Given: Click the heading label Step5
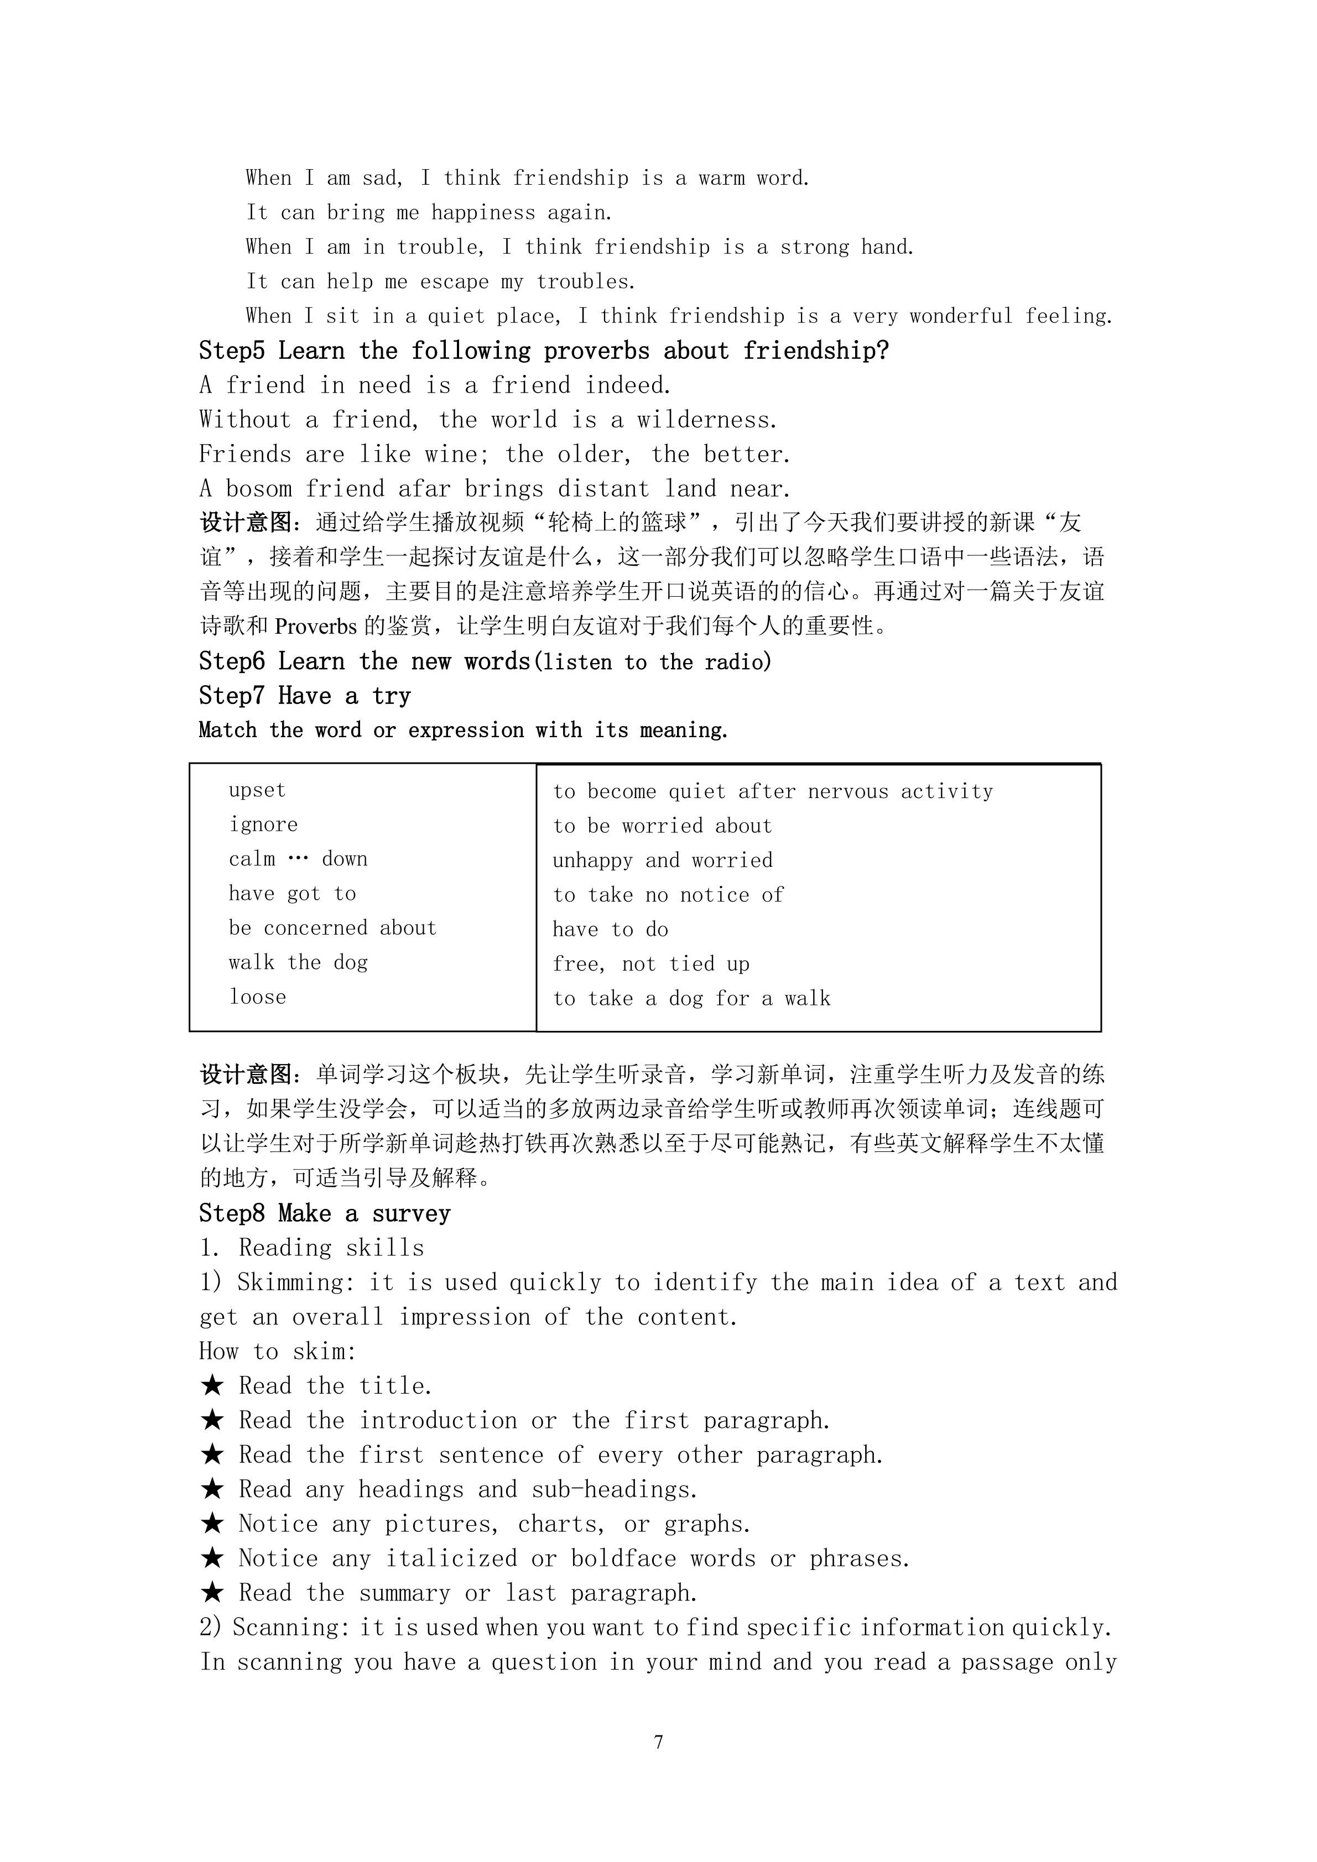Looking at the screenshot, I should pos(232,351).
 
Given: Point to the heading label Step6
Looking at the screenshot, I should pos(232,662).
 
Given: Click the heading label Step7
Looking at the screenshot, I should pos(232,696).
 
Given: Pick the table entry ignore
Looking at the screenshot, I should pos(263,825).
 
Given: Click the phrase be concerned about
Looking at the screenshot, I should pos(332,928).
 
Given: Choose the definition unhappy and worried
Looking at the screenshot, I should pos(663,860).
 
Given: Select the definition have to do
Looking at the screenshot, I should pos(610,930).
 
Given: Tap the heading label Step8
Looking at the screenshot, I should pos(232,1213).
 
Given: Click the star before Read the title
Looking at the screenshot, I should pos(212,1385).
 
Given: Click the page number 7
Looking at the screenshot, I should pos(658,1742).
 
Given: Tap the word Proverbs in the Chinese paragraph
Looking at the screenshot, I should pos(315,627).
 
